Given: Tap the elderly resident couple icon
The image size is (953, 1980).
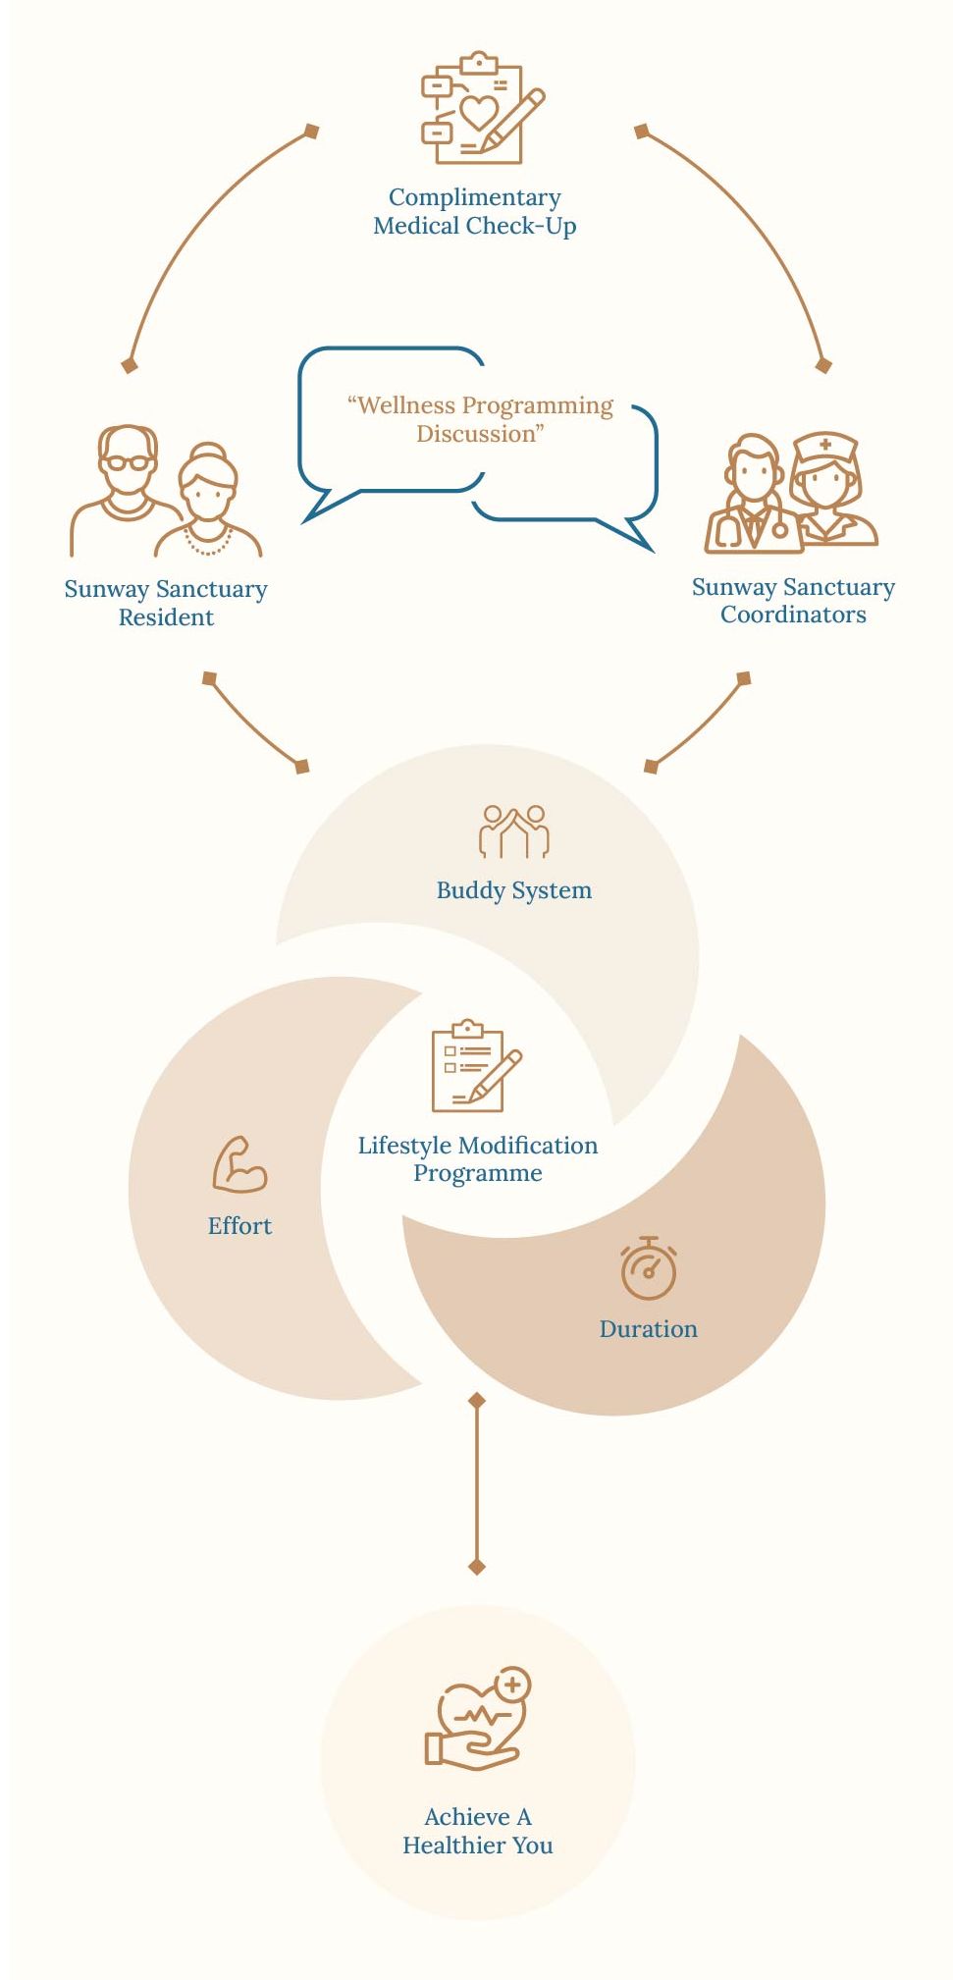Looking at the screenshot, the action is pos(166,491).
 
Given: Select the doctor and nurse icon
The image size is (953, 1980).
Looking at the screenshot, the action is pos(791,491).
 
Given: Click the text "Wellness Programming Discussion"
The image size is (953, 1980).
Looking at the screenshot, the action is pos(480,419).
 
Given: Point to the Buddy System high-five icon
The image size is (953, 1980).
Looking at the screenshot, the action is pos(514,831).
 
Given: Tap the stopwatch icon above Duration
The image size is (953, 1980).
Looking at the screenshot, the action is pos(648,1266).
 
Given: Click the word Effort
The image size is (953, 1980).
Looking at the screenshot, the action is pos(239,1225).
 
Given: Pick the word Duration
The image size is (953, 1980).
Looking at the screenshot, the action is pos(648,1328).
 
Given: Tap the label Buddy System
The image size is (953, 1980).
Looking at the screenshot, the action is pos(514,890).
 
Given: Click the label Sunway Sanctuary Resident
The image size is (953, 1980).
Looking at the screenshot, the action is pos(166,603).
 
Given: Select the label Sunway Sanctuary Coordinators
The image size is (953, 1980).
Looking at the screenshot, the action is pos(793,601).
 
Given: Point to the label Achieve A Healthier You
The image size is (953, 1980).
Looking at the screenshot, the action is pos(478,1831).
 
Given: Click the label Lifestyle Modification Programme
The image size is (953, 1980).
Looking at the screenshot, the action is pos(477,1159).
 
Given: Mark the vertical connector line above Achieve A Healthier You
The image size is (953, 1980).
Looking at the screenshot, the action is pos(477,1483).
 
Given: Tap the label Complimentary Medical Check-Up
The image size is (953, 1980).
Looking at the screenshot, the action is pos(475,212).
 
